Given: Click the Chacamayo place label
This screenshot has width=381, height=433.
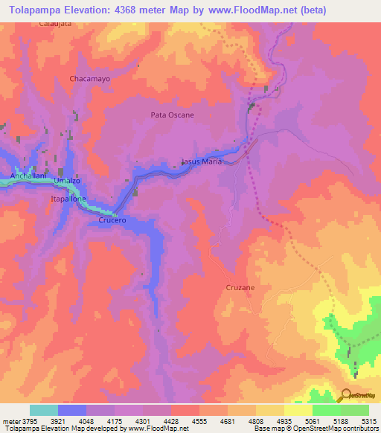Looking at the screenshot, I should tap(89, 78).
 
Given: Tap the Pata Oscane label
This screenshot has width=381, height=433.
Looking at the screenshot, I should tap(172, 115).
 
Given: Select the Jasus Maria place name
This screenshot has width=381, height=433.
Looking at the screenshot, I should tap(201, 161).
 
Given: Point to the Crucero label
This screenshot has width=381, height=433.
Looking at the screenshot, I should tap(112, 221).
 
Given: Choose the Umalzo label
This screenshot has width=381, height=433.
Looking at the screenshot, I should tap(66, 181).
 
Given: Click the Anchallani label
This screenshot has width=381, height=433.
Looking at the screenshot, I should tap(22, 176).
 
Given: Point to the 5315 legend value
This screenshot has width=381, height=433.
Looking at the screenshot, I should tap(368, 421).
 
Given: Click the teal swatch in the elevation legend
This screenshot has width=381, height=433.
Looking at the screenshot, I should tap(44, 410).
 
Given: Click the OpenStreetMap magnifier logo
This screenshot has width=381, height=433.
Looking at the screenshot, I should tap(345, 396).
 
